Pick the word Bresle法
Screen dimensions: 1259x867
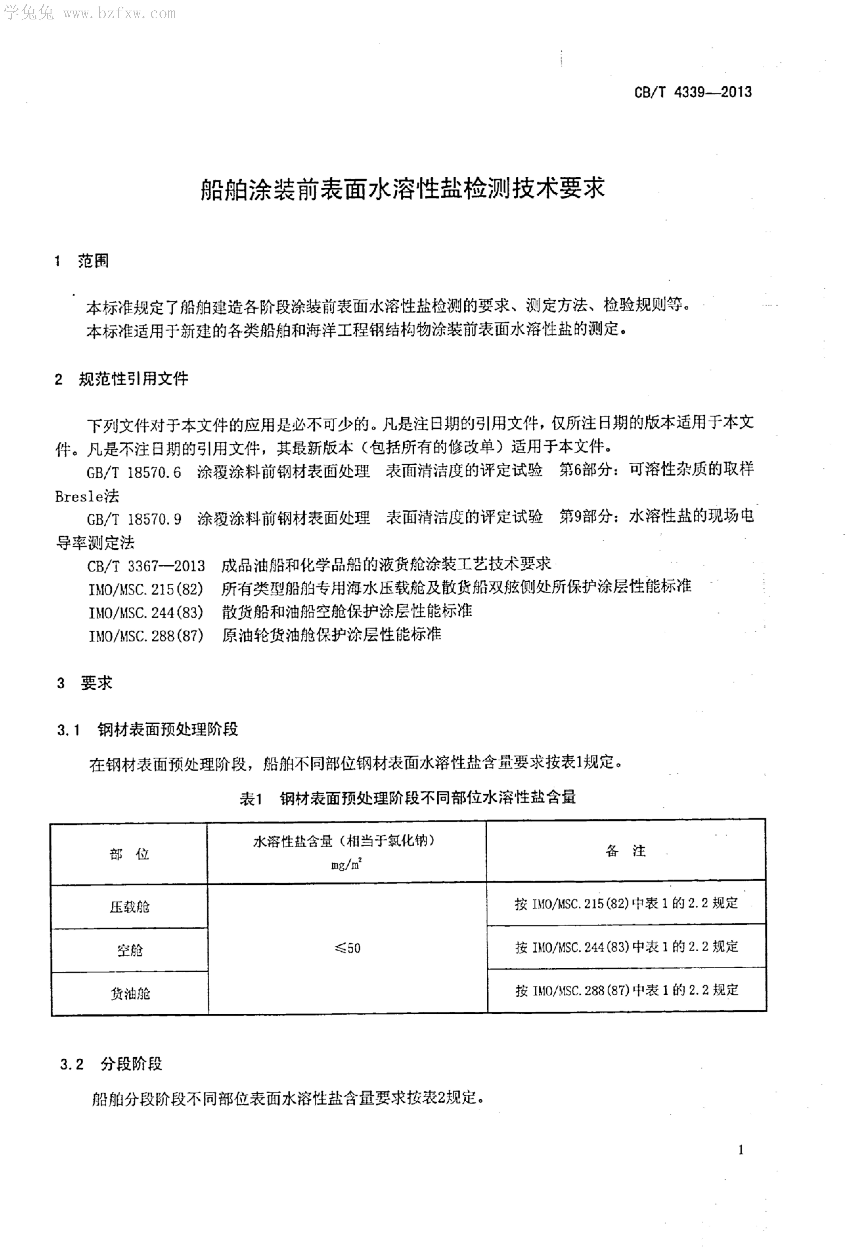pos(87,496)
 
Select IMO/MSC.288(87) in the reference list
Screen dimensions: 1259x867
pos(146,635)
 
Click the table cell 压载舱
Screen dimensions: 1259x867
pos(129,907)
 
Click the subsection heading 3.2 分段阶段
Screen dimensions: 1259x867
pos(111,1064)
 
